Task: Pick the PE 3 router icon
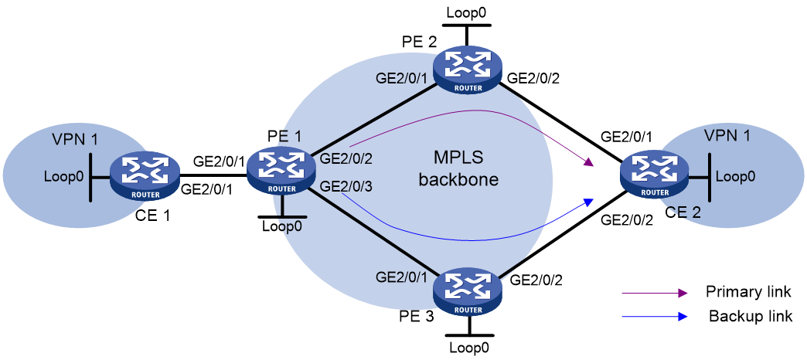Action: click(x=468, y=291)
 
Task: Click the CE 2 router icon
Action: click(x=655, y=177)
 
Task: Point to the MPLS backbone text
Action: click(x=458, y=168)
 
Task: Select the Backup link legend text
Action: click(x=751, y=315)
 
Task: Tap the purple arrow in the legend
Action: click(x=655, y=293)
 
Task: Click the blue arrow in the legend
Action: click(x=655, y=317)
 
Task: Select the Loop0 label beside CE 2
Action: click(x=736, y=176)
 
